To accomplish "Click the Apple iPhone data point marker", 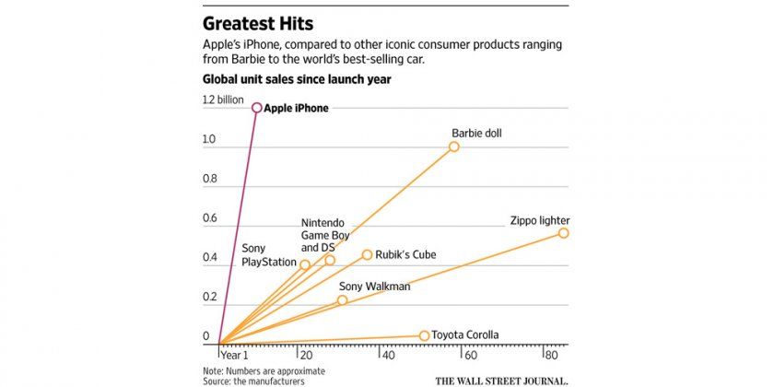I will pyautogui.click(x=257, y=108).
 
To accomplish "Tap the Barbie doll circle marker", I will pyautogui.click(x=454, y=147).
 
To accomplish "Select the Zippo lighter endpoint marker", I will pyautogui.click(x=563, y=233).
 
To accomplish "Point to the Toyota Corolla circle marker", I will pyautogui.click(x=425, y=336).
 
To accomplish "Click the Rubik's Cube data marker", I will pyautogui.click(x=367, y=255).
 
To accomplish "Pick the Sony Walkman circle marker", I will pyautogui.click(x=342, y=300).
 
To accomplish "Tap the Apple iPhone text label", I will pyautogui.click(x=296, y=108).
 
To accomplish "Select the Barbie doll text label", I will pyautogui.click(x=476, y=133).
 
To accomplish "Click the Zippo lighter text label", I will pyautogui.click(x=540, y=220).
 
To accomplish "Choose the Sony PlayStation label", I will pyautogui.click(x=269, y=255).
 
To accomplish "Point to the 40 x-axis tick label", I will pyautogui.click(x=388, y=355).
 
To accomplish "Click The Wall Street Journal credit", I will pyautogui.click(x=501, y=379).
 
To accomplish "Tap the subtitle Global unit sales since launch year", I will pyautogui.click(x=297, y=79).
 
